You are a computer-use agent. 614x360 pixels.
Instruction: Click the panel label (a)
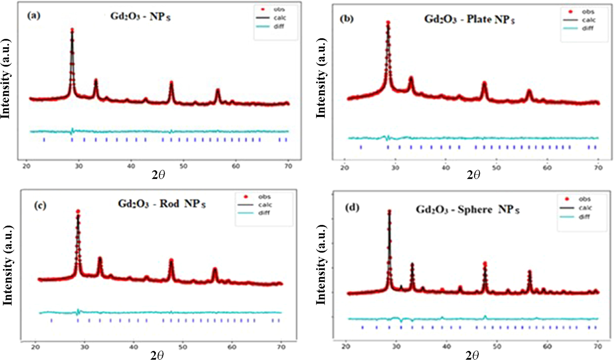pyautogui.click(x=34, y=15)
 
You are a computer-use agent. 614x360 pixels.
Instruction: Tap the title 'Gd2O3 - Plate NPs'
pyautogui.click(x=469, y=19)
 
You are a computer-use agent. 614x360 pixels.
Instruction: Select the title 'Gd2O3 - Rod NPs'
pyautogui.click(x=162, y=204)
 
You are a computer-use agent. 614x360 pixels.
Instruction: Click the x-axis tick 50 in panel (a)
pyautogui.click(x=183, y=166)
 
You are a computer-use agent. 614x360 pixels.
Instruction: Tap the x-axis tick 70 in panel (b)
pyautogui.click(x=598, y=168)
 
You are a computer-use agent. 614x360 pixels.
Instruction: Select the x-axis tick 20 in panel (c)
pyautogui.click(x=36, y=347)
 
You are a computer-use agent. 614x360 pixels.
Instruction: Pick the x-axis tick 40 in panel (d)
pyautogui.click(x=447, y=346)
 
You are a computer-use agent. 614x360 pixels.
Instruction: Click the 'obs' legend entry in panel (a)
pyautogui.click(x=279, y=9)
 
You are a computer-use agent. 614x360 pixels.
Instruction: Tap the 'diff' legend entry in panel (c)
pyautogui.click(x=264, y=213)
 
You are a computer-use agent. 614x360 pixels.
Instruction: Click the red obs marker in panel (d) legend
pyautogui.click(x=567, y=199)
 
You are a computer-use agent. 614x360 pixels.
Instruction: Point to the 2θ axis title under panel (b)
pyautogui.click(x=473, y=175)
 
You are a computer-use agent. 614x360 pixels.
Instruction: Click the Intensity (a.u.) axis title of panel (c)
pyautogui.click(x=7, y=265)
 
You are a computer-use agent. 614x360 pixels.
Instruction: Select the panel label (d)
pyautogui.click(x=352, y=208)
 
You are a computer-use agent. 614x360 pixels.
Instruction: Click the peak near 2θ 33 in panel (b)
pyautogui.click(x=411, y=78)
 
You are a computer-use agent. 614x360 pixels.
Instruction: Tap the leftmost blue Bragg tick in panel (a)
pyautogui.click(x=44, y=140)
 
